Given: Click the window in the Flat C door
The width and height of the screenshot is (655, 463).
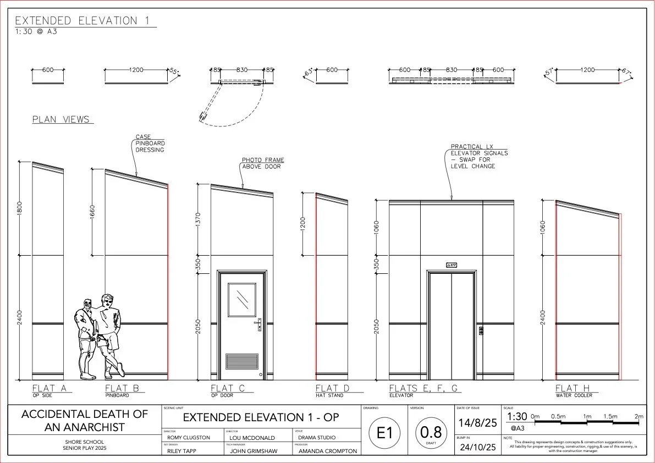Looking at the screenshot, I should [242, 300].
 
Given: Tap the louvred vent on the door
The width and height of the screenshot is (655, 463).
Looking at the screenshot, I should [242, 361].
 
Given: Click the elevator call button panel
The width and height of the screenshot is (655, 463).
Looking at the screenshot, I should [481, 331].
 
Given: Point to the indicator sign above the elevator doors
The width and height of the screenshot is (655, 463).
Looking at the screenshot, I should [451, 264].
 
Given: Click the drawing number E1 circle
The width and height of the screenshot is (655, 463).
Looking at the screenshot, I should [385, 432].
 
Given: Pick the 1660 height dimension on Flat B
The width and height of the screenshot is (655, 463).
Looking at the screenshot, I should [92, 212].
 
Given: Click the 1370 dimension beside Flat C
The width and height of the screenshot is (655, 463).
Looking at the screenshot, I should [199, 219].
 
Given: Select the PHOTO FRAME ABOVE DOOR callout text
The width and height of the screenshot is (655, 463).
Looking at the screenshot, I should [263, 163].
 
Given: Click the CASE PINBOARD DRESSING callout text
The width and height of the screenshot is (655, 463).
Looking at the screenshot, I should [150, 144].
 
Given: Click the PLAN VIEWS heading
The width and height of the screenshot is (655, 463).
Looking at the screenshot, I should [62, 119].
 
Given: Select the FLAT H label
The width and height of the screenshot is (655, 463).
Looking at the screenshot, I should [574, 388].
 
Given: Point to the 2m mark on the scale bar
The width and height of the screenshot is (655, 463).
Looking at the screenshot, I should [639, 417].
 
